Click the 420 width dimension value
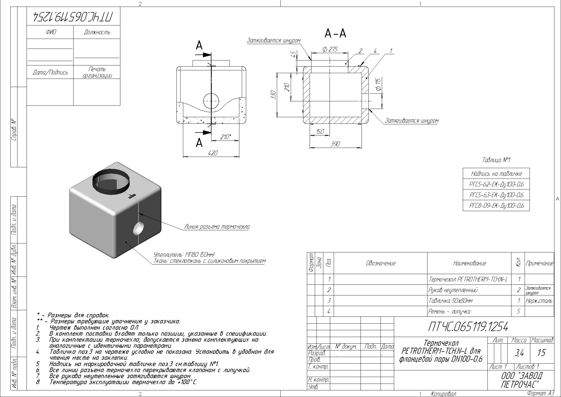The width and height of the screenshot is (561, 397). [213, 153]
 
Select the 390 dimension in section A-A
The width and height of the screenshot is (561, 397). [335, 144]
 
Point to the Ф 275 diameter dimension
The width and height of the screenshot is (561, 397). [330, 49]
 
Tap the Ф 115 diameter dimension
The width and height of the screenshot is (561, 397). [379, 85]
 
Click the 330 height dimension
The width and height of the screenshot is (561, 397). [274, 95]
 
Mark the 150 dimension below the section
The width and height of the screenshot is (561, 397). [320, 132]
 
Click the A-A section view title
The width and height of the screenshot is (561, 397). [335, 34]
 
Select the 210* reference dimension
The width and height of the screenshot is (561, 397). [226, 137]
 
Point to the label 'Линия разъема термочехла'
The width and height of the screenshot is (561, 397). [217, 227]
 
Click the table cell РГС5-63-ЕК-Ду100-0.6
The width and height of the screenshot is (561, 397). [496, 195]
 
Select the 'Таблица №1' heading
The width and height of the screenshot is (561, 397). [496, 160]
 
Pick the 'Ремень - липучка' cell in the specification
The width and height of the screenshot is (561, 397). [449, 311]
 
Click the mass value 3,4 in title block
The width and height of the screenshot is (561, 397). [519, 353]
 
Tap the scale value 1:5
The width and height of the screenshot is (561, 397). [542, 353]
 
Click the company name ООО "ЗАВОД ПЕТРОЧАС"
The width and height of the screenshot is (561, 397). [521, 380]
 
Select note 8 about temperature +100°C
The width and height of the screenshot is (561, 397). [123, 382]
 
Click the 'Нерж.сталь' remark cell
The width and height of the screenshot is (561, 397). [539, 301]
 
